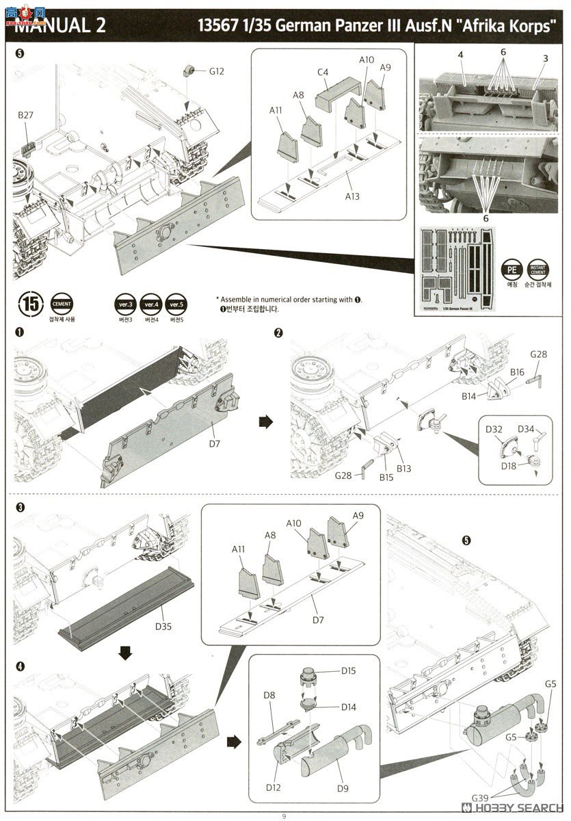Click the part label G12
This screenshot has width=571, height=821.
pyautogui.click(x=216, y=71)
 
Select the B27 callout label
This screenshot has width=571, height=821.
pyautogui.click(x=25, y=116)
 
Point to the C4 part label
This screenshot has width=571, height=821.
pyautogui.click(x=323, y=71)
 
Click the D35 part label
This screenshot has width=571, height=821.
pyautogui.click(x=163, y=626)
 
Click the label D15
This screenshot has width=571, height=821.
pyautogui.click(x=348, y=670)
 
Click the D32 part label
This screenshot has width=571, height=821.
pyautogui.click(x=494, y=430)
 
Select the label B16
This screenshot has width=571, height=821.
pyautogui.click(x=517, y=372)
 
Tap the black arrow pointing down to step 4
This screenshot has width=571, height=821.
pyautogui.click(x=125, y=653)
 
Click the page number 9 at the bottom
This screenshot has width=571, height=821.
pyautogui.click(x=284, y=816)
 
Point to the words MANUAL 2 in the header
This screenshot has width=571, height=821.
pyautogui.click(x=60, y=26)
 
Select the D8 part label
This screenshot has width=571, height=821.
pyautogui.click(x=269, y=696)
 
